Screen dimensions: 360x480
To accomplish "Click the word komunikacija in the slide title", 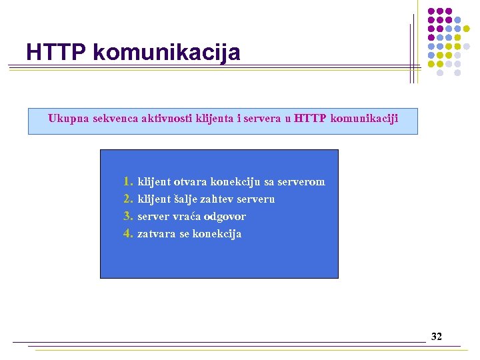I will click(167, 53).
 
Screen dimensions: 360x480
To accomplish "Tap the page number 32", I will click(437, 337).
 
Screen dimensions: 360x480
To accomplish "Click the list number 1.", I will click(128, 181).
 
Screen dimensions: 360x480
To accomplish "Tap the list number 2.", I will click(128, 199).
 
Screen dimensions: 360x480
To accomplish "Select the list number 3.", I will click(128, 216).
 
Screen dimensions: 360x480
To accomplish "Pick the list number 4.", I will click(128, 233).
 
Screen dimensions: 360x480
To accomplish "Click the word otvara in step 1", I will click(190, 181).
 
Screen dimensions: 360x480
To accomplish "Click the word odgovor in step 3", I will click(225, 217).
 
